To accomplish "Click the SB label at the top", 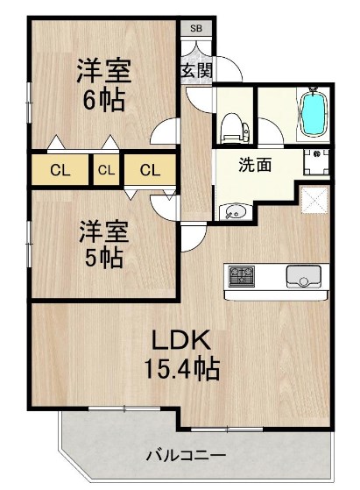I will [x=195, y=28].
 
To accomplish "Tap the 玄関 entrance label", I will [x=196, y=70].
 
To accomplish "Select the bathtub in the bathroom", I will [x=314, y=115].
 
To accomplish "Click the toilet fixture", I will [x=234, y=127].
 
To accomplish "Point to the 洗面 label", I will [x=254, y=164].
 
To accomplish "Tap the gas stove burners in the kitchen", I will [x=241, y=277].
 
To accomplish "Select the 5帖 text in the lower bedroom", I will [x=102, y=258].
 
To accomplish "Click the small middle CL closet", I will [x=106, y=170].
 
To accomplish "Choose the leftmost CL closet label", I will [x=60, y=170].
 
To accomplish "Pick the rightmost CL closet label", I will [x=150, y=170].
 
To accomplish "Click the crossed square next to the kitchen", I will [x=313, y=199].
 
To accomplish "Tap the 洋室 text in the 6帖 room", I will [x=102, y=69].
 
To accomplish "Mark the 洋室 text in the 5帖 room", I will [x=104, y=231].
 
